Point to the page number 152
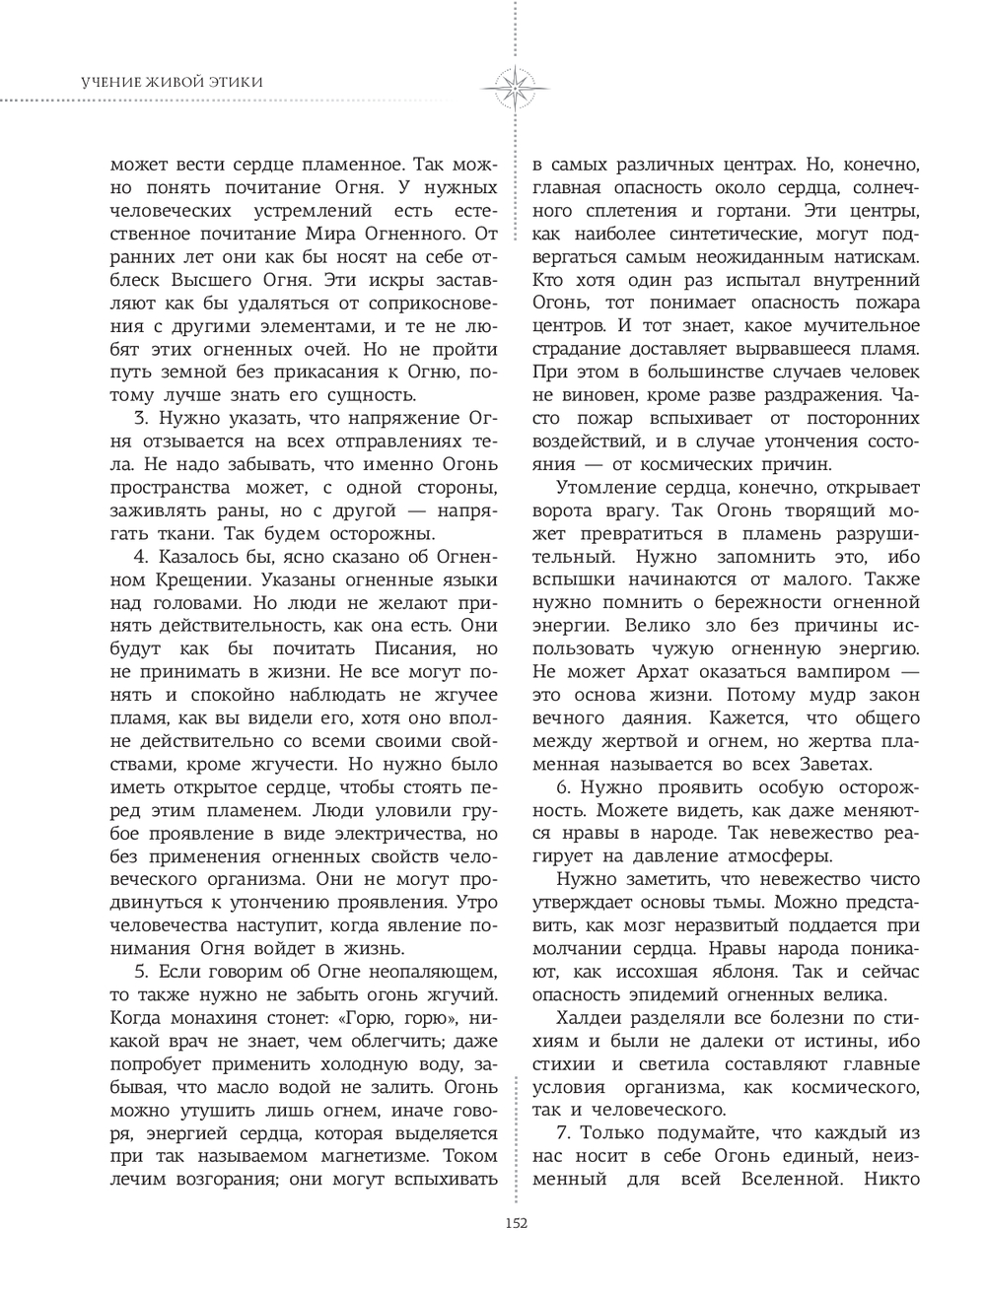(516, 1224)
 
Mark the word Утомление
(601, 488)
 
